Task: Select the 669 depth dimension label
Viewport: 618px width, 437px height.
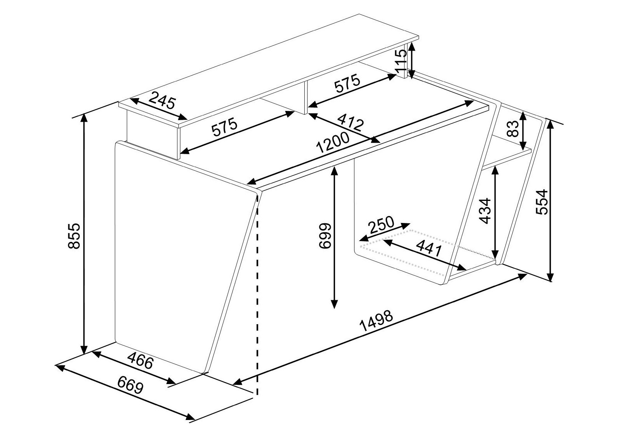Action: [x=130, y=386]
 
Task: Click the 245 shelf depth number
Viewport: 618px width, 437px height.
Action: [x=162, y=101]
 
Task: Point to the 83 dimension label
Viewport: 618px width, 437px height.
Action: [x=511, y=129]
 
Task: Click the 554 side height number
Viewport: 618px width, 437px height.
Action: [x=542, y=202]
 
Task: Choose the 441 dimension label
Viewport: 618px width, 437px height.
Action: [x=428, y=248]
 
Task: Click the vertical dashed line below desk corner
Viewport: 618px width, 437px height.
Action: [x=257, y=309]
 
